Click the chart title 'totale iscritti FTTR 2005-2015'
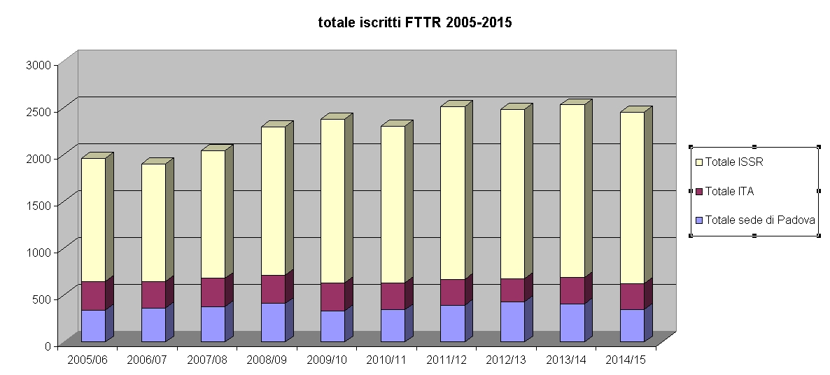click(415, 23)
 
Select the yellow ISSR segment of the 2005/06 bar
click(93, 220)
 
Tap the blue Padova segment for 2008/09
click(273, 322)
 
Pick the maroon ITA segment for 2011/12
click(452, 292)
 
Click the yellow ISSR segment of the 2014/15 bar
click(631, 197)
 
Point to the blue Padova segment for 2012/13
click(512, 321)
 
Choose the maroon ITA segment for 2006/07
click(153, 295)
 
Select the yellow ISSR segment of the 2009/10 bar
click(332, 201)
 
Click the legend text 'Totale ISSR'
click(733, 162)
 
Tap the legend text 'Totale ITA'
click(729, 191)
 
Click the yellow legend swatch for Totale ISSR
click(698, 162)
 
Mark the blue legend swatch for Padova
click(698, 220)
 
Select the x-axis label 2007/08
click(208, 360)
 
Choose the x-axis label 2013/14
click(567, 360)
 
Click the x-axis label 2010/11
click(387, 360)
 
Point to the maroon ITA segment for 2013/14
click(572, 290)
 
